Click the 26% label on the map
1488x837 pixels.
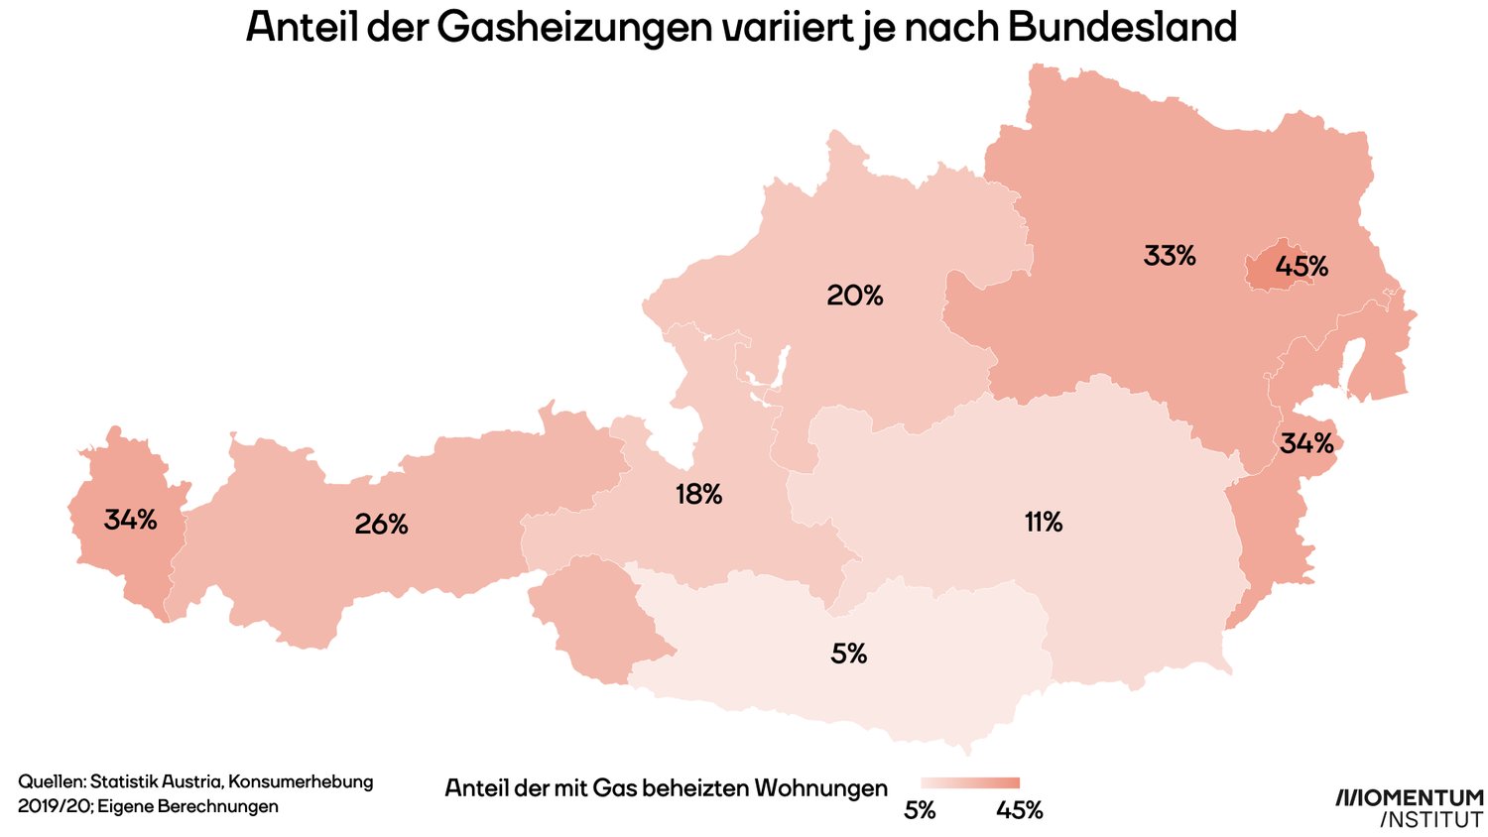pos(381,525)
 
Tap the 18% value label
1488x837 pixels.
pos(698,494)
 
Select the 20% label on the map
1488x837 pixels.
pos(855,295)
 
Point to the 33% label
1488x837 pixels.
pos(1170,256)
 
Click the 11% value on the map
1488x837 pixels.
pos(1044,522)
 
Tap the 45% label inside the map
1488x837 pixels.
pos(1302,266)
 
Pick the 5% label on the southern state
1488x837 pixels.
pos(849,654)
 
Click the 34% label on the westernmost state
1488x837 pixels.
pos(131,519)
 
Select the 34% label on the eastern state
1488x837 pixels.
pos(1306,443)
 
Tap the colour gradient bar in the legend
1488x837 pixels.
pos(969,783)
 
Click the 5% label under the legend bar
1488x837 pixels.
pos(920,810)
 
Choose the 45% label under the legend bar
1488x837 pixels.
pos(1019,810)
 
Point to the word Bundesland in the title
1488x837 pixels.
pos(1122,28)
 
